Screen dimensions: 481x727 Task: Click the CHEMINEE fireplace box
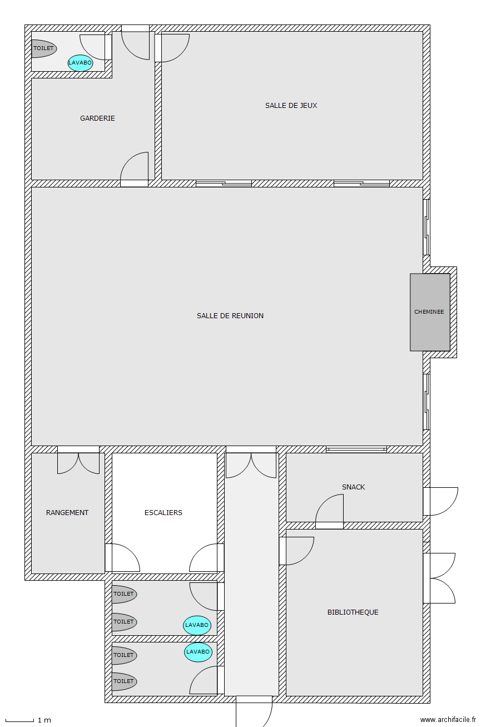pos(430,312)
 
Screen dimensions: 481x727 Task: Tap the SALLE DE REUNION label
pos(230,316)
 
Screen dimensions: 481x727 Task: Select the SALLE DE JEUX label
pos(291,106)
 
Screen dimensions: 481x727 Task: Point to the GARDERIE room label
pos(97,118)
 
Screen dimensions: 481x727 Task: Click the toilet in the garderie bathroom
pos(44,49)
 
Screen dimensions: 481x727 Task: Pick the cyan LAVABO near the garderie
pos(80,63)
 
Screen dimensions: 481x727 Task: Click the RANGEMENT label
pos(67,513)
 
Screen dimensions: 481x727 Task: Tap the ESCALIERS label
pos(163,513)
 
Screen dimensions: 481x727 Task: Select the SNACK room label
pos(354,487)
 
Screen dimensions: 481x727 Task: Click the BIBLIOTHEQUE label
pos(353,612)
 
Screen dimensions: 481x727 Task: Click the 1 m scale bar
pos(19,720)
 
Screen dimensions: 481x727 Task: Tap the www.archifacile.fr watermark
pos(448,720)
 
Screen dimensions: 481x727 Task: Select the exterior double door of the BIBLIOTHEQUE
pos(439,578)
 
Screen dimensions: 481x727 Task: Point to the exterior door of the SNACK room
pos(440,501)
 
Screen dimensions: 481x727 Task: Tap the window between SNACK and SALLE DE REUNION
pos(356,449)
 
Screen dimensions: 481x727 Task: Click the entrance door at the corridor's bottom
pos(254,711)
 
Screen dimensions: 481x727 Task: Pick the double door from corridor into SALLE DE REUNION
pos(251,462)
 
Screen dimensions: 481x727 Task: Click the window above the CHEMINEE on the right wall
pos(427,227)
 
